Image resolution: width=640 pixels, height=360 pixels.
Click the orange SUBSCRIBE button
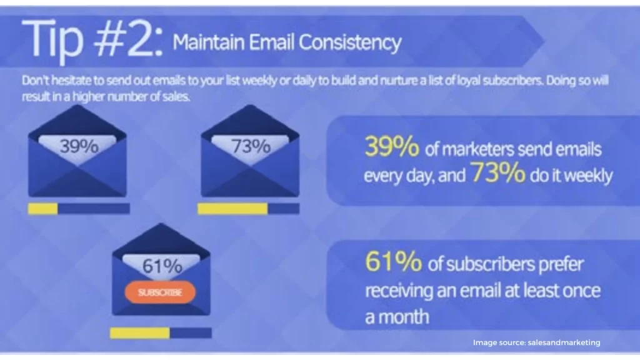[x=160, y=292]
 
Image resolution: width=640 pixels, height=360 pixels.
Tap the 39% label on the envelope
[x=79, y=146]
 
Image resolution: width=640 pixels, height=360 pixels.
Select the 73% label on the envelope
[x=251, y=146]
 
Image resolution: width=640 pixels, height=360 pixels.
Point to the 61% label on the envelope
[x=162, y=266]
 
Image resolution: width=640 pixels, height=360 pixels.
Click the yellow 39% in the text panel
[x=392, y=146]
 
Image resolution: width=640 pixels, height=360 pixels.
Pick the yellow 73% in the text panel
[x=498, y=172]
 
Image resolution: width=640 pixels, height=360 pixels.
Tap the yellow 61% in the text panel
[x=394, y=261]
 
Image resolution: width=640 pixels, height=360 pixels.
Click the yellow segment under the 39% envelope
[x=43, y=209]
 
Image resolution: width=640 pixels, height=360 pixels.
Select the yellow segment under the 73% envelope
[x=232, y=209]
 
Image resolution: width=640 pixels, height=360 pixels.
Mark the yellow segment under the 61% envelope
[x=140, y=333]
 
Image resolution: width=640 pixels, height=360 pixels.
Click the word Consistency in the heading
[x=350, y=43]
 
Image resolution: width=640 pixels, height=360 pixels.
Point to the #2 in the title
[x=128, y=40]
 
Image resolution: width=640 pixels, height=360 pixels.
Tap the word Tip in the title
[x=52, y=41]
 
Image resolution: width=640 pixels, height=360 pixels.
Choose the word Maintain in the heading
[x=209, y=42]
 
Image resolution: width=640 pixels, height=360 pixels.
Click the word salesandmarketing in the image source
[x=564, y=342]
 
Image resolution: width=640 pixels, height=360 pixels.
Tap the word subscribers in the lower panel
[x=515, y=264]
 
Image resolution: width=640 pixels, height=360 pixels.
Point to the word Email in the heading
[x=271, y=42]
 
